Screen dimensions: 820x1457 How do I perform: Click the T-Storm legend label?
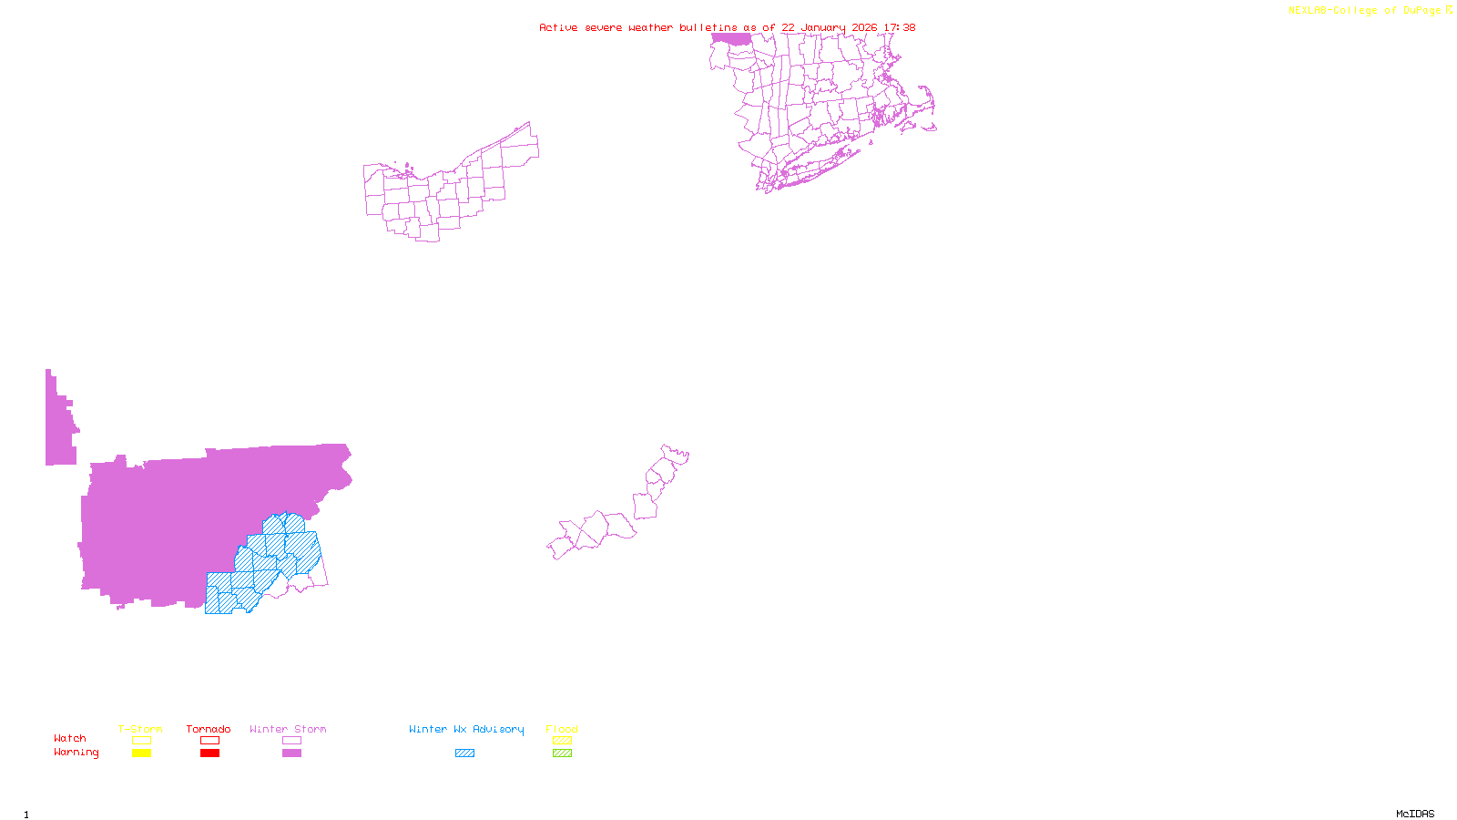pyautogui.click(x=140, y=729)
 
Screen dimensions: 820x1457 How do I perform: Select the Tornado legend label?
pyautogui.click(x=209, y=729)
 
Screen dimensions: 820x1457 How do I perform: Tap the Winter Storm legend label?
pyautogui.click(x=288, y=729)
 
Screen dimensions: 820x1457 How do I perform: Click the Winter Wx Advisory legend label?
pyautogui.click(x=466, y=729)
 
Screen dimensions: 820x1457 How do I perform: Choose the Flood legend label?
pyautogui.click(x=562, y=729)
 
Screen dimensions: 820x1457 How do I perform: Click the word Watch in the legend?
pyautogui.click(x=70, y=738)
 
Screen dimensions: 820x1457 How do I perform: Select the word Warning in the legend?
pyautogui.click(x=76, y=753)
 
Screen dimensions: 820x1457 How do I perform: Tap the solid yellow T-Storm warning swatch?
pyautogui.click(x=141, y=753)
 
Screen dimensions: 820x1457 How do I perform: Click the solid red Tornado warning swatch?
pyautogui.click(x=209, y=753)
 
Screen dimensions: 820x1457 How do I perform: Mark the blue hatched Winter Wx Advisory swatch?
pyautogui.click(x=464, y=753)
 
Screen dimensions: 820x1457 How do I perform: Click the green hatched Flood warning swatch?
pyautogui.click(x=562, y=753)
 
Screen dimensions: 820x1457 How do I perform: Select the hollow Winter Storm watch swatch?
pyautogui.click(x=291, y=741)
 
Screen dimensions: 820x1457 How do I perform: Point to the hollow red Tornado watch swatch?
pyautogui.click(x=209, y=741)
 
